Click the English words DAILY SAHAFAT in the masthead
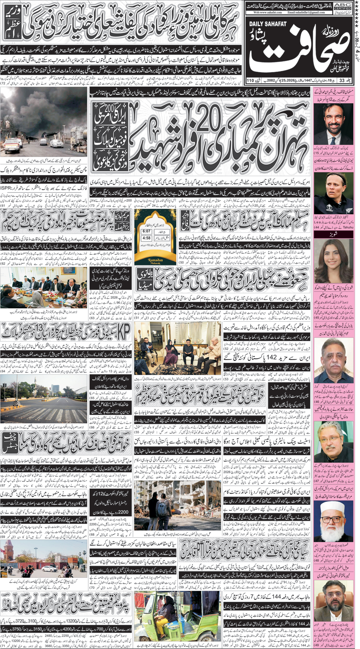[268, 24]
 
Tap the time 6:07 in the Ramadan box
[147, 231]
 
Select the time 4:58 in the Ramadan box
[147, 238]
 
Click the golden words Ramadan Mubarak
[156, 260]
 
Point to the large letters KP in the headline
[123, 333]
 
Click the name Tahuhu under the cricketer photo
[347, 227]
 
